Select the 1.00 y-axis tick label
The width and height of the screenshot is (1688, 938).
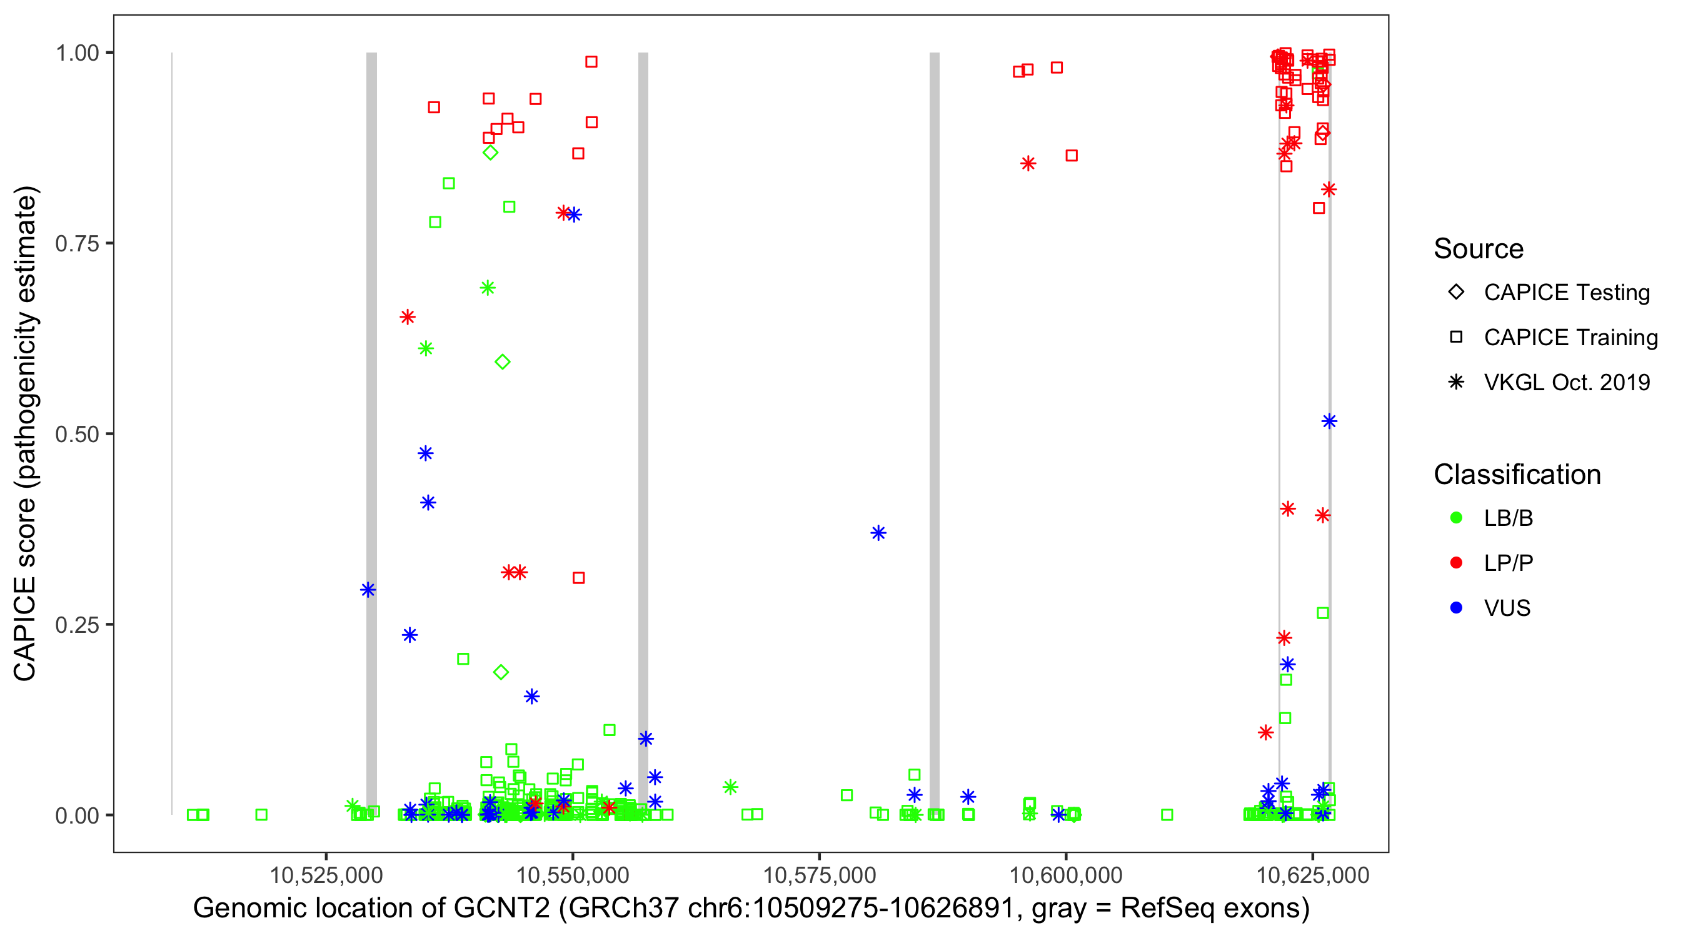pyautogui.click(x=77, y=53)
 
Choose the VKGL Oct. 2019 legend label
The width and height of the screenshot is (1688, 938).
pyautogui.click(x=1567, y=382)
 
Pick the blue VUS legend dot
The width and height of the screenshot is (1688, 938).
pyautogui.click(x=1456, y=608)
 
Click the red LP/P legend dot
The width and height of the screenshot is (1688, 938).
pyautogui.click(x=1456, y=562)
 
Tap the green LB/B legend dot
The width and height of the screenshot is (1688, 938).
pyautogui.click(x=1456, y=518)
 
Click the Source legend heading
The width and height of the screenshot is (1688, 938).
pyautogui.click(x=1479, y=249)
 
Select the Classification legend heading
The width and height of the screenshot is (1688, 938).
pyautogui.click(x=1517, y=475)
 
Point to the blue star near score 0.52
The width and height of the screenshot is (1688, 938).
pyautogui.click(x=1329, y=421)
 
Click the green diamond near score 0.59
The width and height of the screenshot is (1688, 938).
pyautogui.click(x=503, y=362)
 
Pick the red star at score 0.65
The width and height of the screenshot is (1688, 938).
pyautogui.click(x=408, y=317)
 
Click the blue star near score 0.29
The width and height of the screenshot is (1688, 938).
pyautogui.click(x=368, y=590)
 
